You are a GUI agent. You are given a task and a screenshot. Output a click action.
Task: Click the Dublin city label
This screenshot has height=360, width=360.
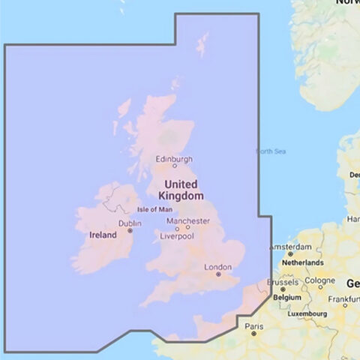130,223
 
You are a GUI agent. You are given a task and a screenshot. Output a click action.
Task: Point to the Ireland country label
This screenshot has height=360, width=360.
103,235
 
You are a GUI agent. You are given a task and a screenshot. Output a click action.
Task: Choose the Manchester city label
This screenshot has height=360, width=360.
188,221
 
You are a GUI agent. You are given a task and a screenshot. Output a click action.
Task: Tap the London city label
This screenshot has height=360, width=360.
217,267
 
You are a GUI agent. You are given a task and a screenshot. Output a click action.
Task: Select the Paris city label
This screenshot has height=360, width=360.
253,327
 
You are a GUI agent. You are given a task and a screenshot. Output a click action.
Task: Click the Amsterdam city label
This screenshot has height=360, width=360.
290,247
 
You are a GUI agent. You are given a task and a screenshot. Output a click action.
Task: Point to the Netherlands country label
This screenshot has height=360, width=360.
302,263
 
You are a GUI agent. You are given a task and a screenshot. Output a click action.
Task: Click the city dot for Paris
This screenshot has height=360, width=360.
253,334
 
